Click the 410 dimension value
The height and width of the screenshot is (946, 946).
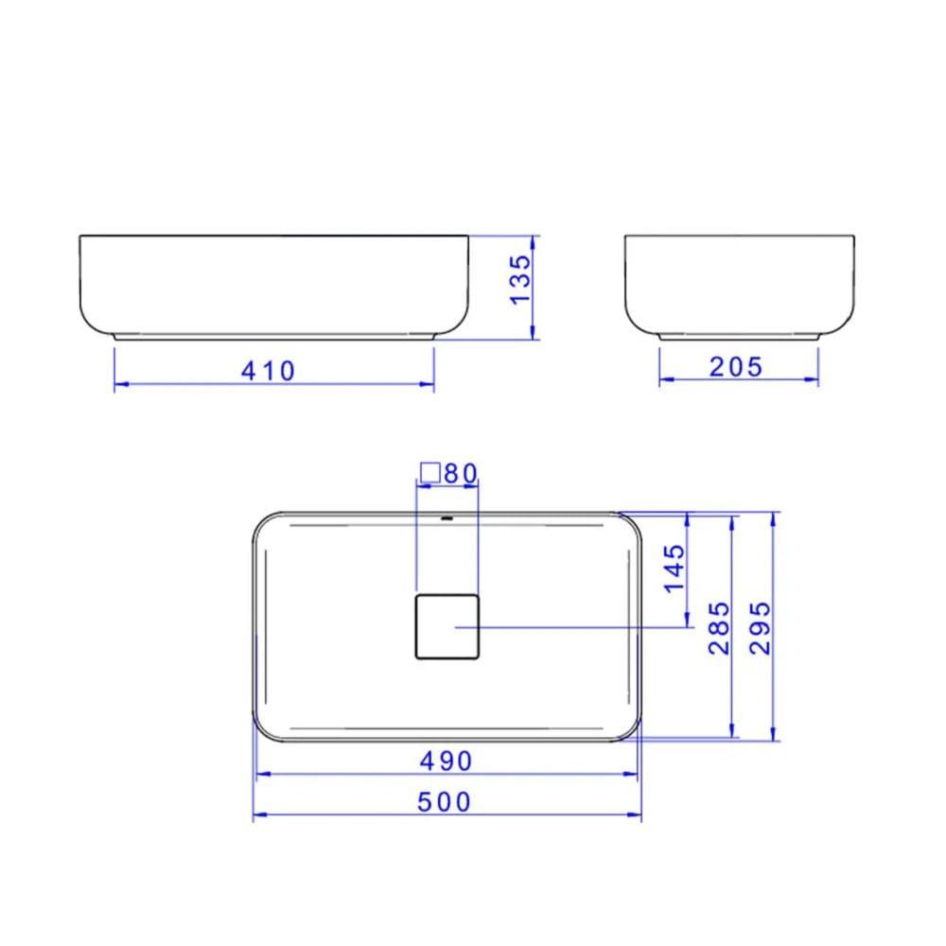tap(268, 370)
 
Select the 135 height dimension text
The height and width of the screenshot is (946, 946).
tap(521, 279)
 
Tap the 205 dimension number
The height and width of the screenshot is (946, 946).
tap(735, 366)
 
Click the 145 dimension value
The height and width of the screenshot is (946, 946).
tap(674, 569)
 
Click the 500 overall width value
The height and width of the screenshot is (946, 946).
tap(444, 802)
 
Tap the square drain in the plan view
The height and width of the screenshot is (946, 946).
tap(447, 626)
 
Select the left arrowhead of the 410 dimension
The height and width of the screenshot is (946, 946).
tap(118, 385)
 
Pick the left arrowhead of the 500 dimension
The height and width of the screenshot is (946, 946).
tap(257, 815)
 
